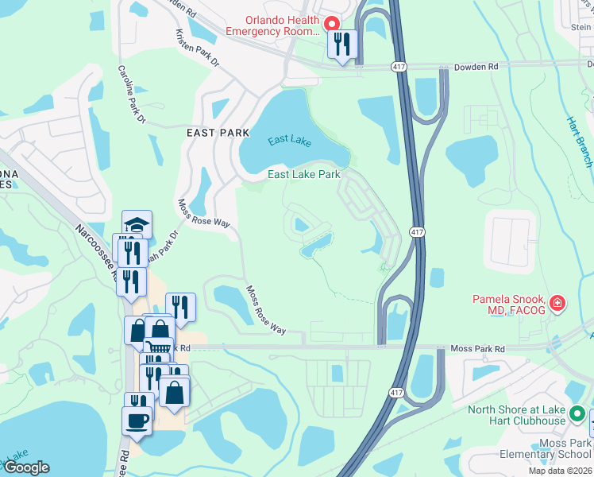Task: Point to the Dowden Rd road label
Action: pyautogui.click(x=476, y=68)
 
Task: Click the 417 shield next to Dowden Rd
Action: pyautogui.click(x=399, y=68)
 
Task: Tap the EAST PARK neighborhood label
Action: pyautogui.click(x=213, y=133)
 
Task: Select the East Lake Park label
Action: pyautogui.click(x=303, y=174)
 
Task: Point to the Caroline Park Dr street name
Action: pyautogui.click(x=132, y=94)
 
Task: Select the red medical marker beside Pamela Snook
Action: pyautogui.click(x=557, y=303)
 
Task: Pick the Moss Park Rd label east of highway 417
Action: pyautogui.click(x=478, y=348)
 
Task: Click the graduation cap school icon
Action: pyautogui.click(x=137, y=224)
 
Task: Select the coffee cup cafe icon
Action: pyautogui.click(x=137, y=419)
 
